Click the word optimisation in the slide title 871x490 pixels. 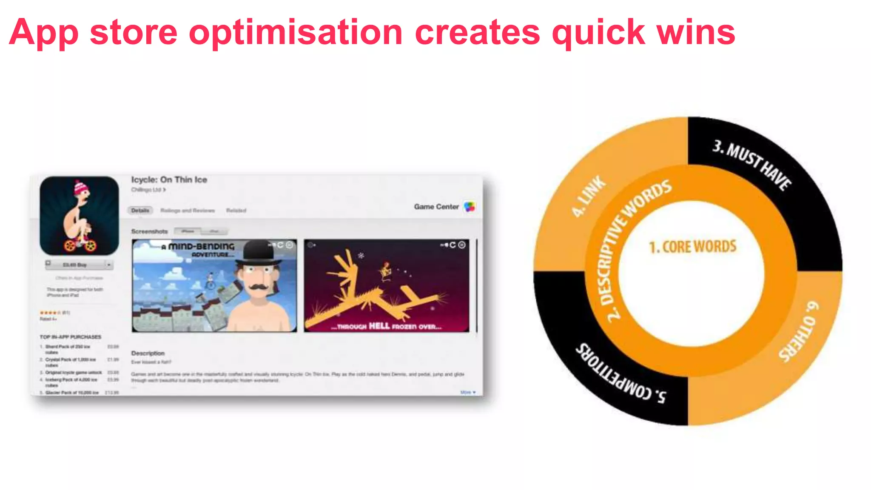[x=296, y=32]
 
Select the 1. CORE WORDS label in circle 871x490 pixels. [x=692, y=247]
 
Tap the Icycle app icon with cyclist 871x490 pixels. [x=79, y=216]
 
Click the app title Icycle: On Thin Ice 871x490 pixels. [x=169, y=179]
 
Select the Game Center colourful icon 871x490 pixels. [x=470, y=207]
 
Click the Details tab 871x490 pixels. [x=140, y=210]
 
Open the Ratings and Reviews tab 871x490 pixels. [x=187, y=210]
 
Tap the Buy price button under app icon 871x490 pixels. [x=75, y=265]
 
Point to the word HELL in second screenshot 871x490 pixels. [x=379, y=326]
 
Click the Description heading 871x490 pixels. [x=148, y=353]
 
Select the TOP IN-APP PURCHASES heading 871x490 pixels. [x=70, y=337]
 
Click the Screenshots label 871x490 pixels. [x=149, y=231]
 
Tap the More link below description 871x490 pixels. [x=467, y=392]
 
